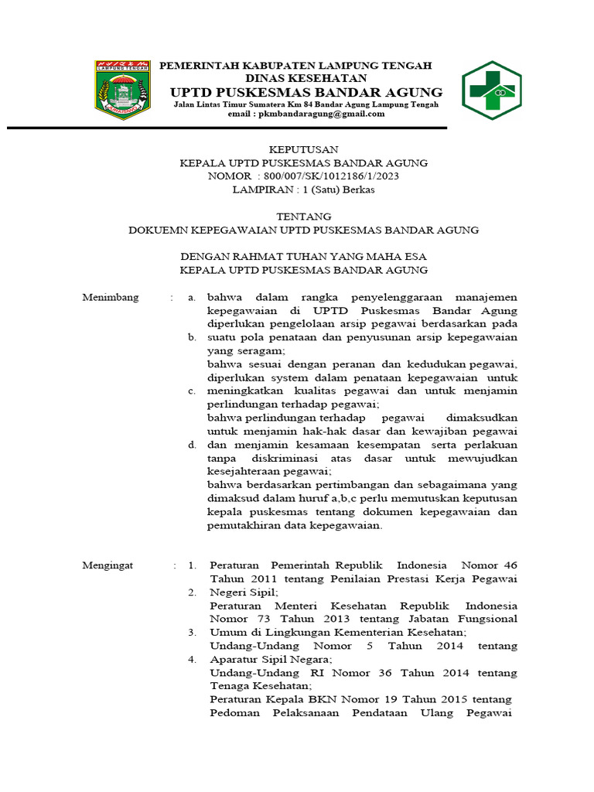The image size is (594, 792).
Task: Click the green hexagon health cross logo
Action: click(x=491, y=90)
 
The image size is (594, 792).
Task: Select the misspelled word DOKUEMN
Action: click(x=159, y=230)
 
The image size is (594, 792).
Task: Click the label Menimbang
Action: click(x=111, y=297)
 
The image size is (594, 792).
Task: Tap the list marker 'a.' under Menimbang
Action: click(x=191, y=297)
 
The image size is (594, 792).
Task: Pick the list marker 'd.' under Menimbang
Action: click(x=191, y=445)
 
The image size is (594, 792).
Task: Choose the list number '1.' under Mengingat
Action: click(x=192, y=565)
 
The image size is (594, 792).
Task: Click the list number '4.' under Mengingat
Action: click(x=192, y=659)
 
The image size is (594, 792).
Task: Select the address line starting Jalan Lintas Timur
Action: click(x=306, y=104)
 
